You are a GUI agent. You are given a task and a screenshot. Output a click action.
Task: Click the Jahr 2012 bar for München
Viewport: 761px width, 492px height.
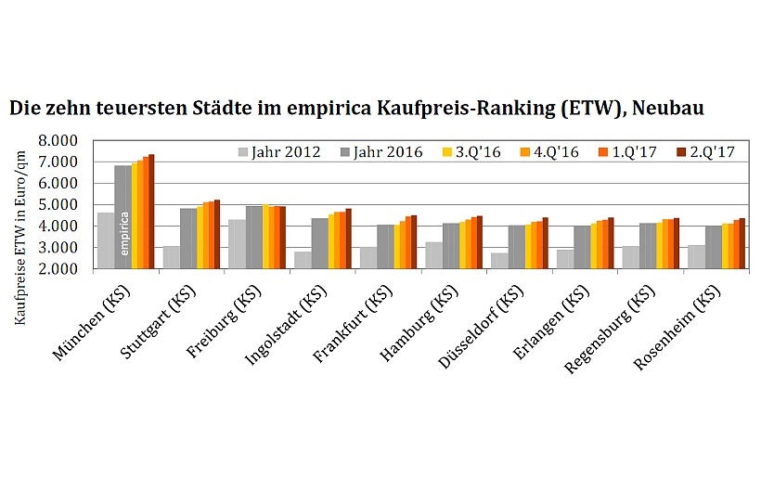pos(106,241)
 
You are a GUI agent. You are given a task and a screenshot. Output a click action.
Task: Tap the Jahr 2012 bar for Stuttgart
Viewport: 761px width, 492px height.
pos(172,257)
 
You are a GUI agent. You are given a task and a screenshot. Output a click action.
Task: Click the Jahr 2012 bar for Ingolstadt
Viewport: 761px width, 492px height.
pos(303,260)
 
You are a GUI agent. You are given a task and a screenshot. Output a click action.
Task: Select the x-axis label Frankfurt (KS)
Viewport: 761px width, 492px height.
pos(365,320)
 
